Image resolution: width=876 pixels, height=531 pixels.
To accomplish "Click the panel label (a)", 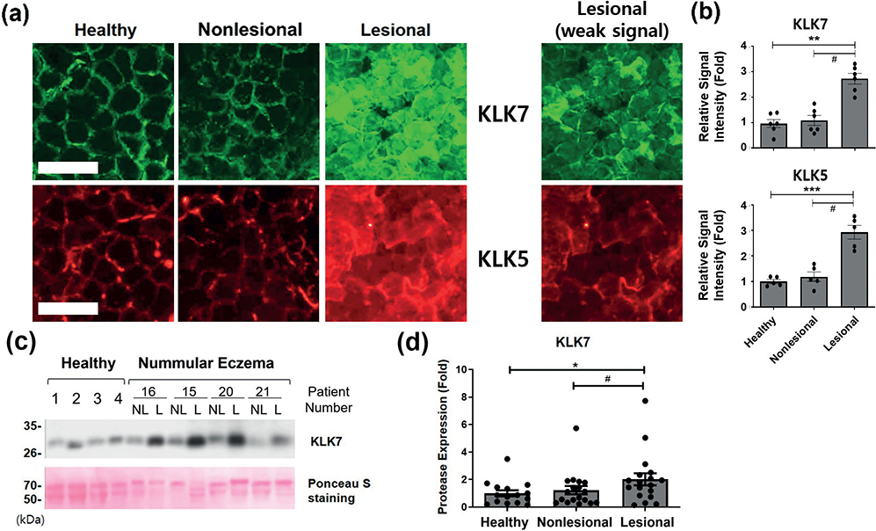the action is pos(16,15).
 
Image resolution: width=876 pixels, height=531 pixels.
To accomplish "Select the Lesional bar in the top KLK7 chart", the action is pos(855,113).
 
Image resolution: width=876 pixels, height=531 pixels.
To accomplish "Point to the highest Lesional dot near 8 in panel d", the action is pos(645,401).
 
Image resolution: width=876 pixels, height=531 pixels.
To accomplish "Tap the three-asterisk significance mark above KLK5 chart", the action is pos(813,189).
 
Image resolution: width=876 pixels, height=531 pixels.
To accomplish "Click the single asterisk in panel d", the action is pos(575,364).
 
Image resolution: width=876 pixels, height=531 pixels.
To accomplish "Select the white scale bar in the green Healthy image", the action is pos(69,152).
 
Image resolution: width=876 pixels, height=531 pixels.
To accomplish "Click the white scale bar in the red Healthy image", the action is pos(69,309).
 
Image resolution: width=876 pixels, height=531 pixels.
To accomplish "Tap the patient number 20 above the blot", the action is pos(226,392).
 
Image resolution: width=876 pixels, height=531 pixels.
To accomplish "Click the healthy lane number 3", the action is pos(98,399).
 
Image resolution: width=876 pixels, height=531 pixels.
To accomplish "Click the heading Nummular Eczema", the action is pos(206,363).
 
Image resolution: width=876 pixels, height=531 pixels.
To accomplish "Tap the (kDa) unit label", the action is pos(30,520).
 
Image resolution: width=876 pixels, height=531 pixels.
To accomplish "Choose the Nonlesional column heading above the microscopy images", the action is pos(250,30).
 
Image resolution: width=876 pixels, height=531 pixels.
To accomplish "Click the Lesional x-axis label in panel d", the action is pos(647,522).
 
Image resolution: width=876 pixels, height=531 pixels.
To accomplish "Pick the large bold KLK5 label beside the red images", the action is pos(503,260).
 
